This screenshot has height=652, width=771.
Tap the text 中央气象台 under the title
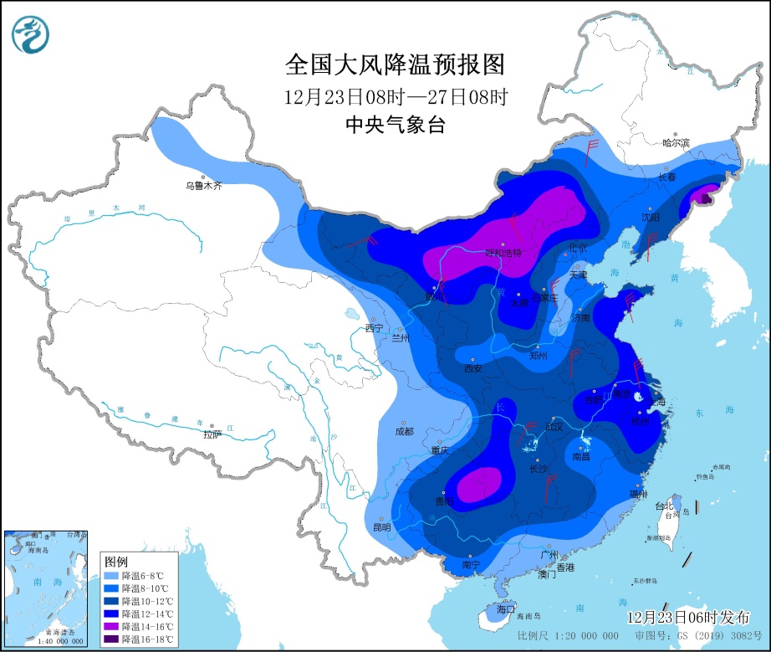tap(396, 126)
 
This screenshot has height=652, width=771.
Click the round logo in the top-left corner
tap(31, 34)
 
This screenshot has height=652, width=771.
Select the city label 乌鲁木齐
tap(204, 186)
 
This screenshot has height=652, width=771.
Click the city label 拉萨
tap(212, 434)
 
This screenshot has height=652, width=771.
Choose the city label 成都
tap(403, 431)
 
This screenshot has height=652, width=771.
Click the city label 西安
tap(473, 367)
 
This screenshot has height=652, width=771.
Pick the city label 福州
tap(640, 494)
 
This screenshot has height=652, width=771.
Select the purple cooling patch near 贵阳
tap(478, 484)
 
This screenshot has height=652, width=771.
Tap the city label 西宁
tap(374, 328)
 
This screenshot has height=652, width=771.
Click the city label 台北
tap(662, 506)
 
